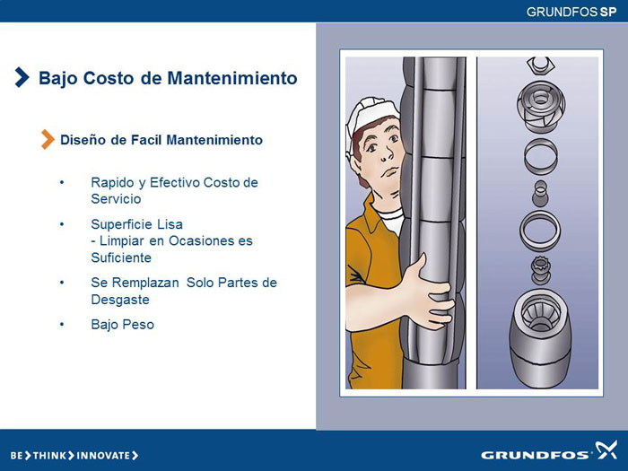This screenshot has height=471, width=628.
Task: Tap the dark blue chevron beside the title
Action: [22, 77]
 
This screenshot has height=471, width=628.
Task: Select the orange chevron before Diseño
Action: [48, 139]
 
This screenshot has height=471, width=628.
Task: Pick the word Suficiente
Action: [121, 257]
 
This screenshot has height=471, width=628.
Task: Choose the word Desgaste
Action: [120, 300]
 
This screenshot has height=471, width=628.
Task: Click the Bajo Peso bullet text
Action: [123, 325]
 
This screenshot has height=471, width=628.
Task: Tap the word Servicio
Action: [116, 198]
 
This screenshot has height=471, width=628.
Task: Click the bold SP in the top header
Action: [608, 12]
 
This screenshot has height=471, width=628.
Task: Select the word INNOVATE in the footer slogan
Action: [103, 456]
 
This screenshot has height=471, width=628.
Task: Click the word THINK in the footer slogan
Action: [49, 456]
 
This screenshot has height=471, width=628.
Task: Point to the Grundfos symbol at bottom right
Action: [606, 449]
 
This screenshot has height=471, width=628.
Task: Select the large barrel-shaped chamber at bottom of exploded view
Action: [540, 338]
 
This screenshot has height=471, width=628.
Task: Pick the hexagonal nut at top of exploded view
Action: [541, 65]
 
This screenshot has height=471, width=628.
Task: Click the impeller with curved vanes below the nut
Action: [541, 107]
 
